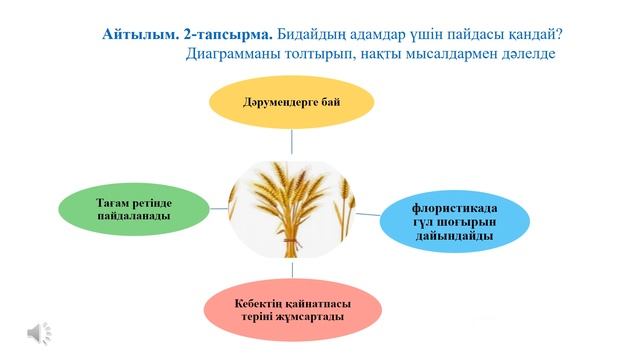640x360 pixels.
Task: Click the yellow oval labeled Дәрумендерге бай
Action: (291, 103)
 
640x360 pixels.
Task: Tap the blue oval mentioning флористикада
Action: (455, 221)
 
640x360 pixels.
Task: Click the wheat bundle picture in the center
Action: (292, 204)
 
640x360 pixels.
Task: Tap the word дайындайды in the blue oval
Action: (455, 235)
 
